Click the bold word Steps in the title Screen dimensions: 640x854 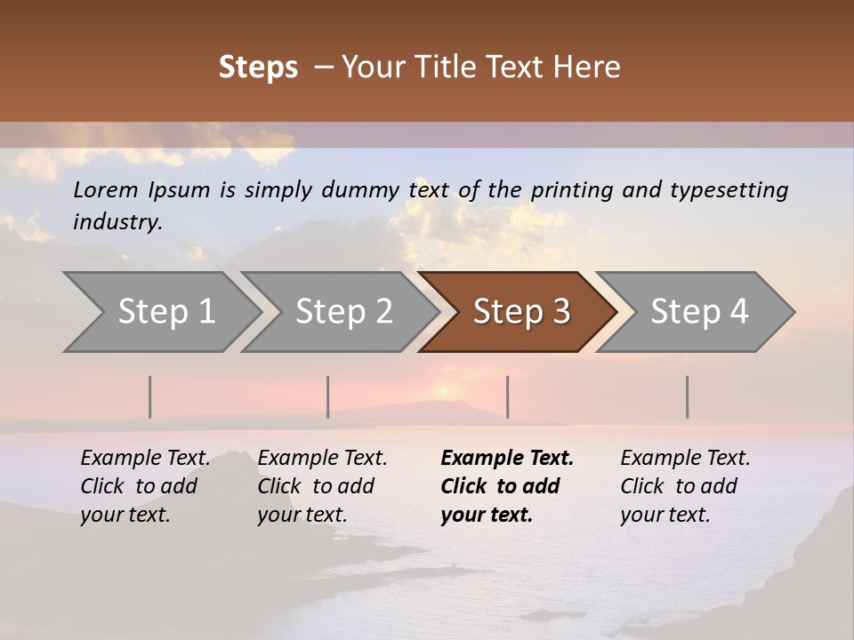point(258,68)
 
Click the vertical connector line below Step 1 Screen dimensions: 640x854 point(150,396)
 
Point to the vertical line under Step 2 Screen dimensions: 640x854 point(328,396)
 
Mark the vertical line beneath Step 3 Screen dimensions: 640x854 point(507,396)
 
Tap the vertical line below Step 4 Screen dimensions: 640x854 point(687,396)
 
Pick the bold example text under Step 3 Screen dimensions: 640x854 point(506,486)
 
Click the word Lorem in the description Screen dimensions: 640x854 point(106,189)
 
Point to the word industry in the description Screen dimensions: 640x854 point(117,222)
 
